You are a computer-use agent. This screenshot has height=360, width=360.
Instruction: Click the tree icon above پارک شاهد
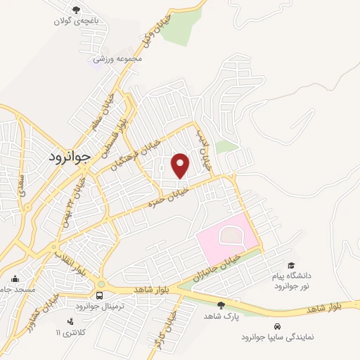pyautogui.click(x=221, y=304)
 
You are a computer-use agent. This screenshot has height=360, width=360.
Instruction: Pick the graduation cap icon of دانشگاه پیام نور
pyautogui.click(x=290, y=265)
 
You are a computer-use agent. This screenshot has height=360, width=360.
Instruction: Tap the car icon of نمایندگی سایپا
pyautogui.click(x=278, y=327)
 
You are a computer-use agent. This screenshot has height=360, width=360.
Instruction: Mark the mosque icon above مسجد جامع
pyautogui.click(x=15, y=278)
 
